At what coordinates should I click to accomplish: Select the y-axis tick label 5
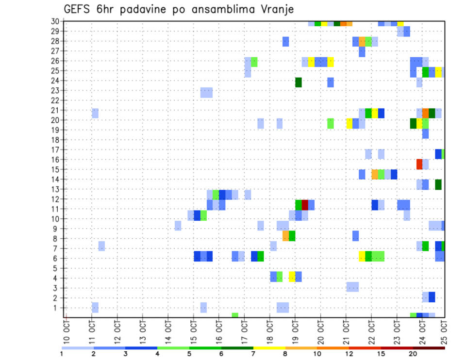57,268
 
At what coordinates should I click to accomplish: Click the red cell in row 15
419,164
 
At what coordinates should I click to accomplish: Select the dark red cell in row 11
305,205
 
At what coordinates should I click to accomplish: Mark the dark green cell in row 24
299,82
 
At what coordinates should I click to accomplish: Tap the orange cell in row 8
286,236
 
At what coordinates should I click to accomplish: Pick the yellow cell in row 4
292,277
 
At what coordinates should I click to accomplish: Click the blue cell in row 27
362,51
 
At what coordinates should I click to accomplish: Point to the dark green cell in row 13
438,184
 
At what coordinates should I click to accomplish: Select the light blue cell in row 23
206,92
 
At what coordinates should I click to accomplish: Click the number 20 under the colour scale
413,353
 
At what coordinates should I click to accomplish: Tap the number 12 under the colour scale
349,353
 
